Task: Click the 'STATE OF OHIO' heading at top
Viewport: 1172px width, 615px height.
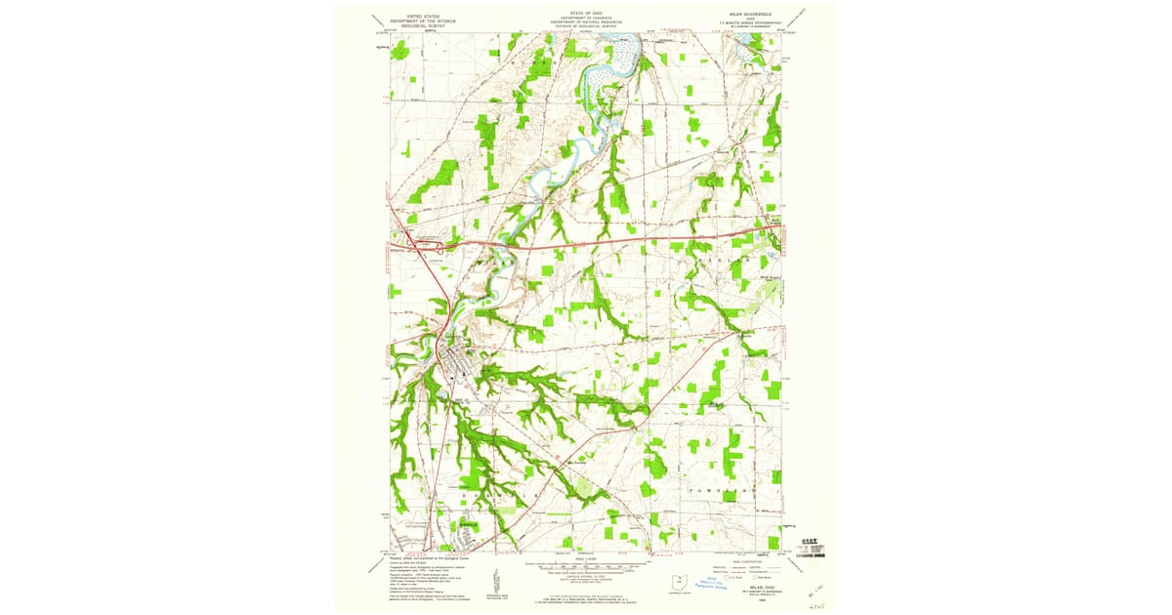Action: click(x=586, y=13)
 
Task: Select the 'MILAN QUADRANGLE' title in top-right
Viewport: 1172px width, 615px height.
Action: click(x=744, y=13)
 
